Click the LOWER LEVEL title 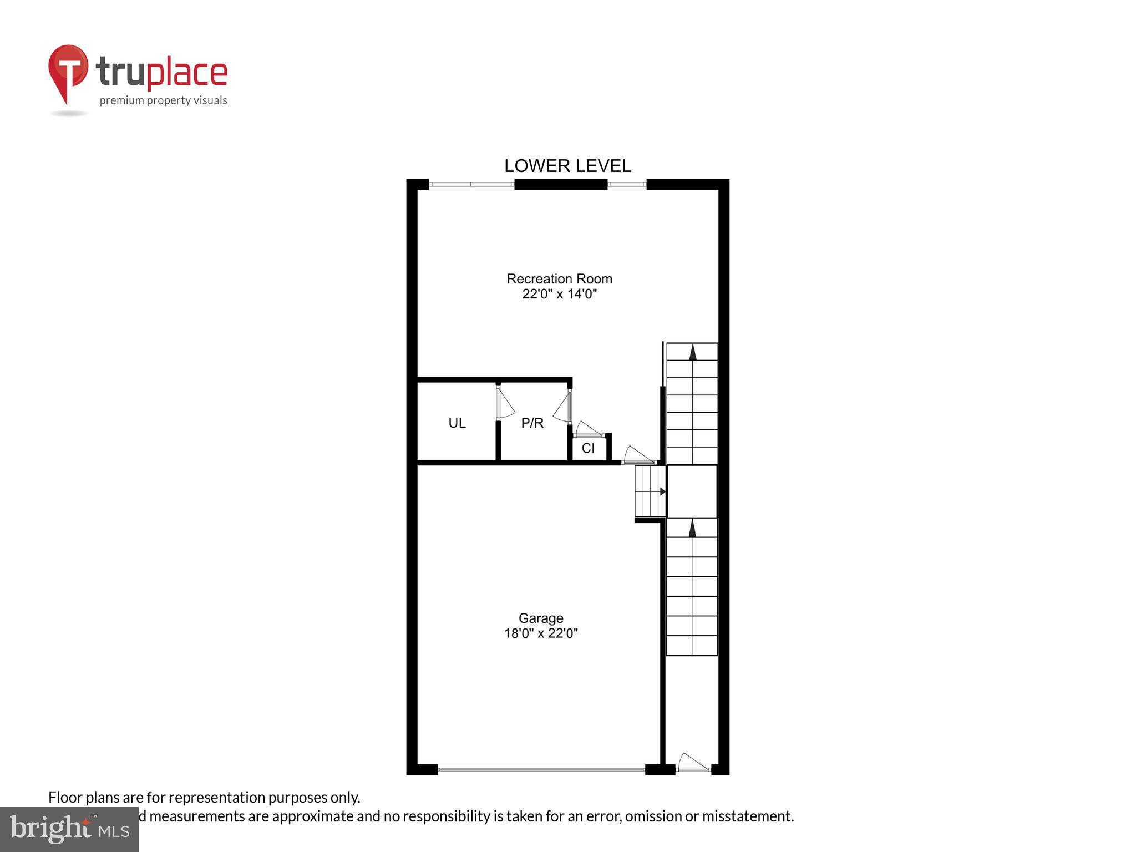pos(567,166)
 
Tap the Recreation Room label pos(559,278)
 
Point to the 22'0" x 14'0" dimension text pos(559,294)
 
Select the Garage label pos(541,618)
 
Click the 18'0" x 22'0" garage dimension pos(541,633)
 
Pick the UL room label pos(457,423)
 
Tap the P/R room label pos(532,423)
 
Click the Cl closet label pos(588,448)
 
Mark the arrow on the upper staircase pos(692,353)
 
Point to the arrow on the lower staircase pos(692,528)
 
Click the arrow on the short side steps pos(662,491)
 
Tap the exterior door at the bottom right pos(692,763)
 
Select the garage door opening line pos(541,769)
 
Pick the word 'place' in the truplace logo pos(187,73)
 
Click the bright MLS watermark pos(69,829)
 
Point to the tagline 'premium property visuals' pos(163,100)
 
